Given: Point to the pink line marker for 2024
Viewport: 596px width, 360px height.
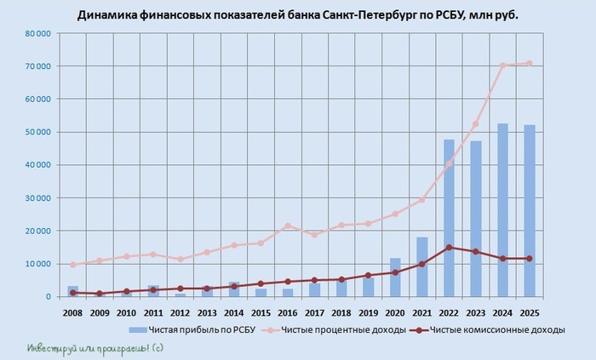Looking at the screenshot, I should pos(502,66).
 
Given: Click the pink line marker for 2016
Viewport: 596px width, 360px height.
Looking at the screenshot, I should pos(288,226).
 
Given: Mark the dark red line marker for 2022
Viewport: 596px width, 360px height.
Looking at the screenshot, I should pos(449,248).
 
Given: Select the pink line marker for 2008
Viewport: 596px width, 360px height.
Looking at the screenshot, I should pos(73,265).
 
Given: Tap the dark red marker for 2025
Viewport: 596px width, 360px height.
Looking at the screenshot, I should pos(529,259).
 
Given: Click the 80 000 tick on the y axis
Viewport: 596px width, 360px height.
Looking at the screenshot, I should pos(37,33).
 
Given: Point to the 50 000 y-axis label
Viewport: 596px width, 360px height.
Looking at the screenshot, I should pos(37,132).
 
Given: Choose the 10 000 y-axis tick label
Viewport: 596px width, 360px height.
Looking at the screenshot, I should pos(37,264).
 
